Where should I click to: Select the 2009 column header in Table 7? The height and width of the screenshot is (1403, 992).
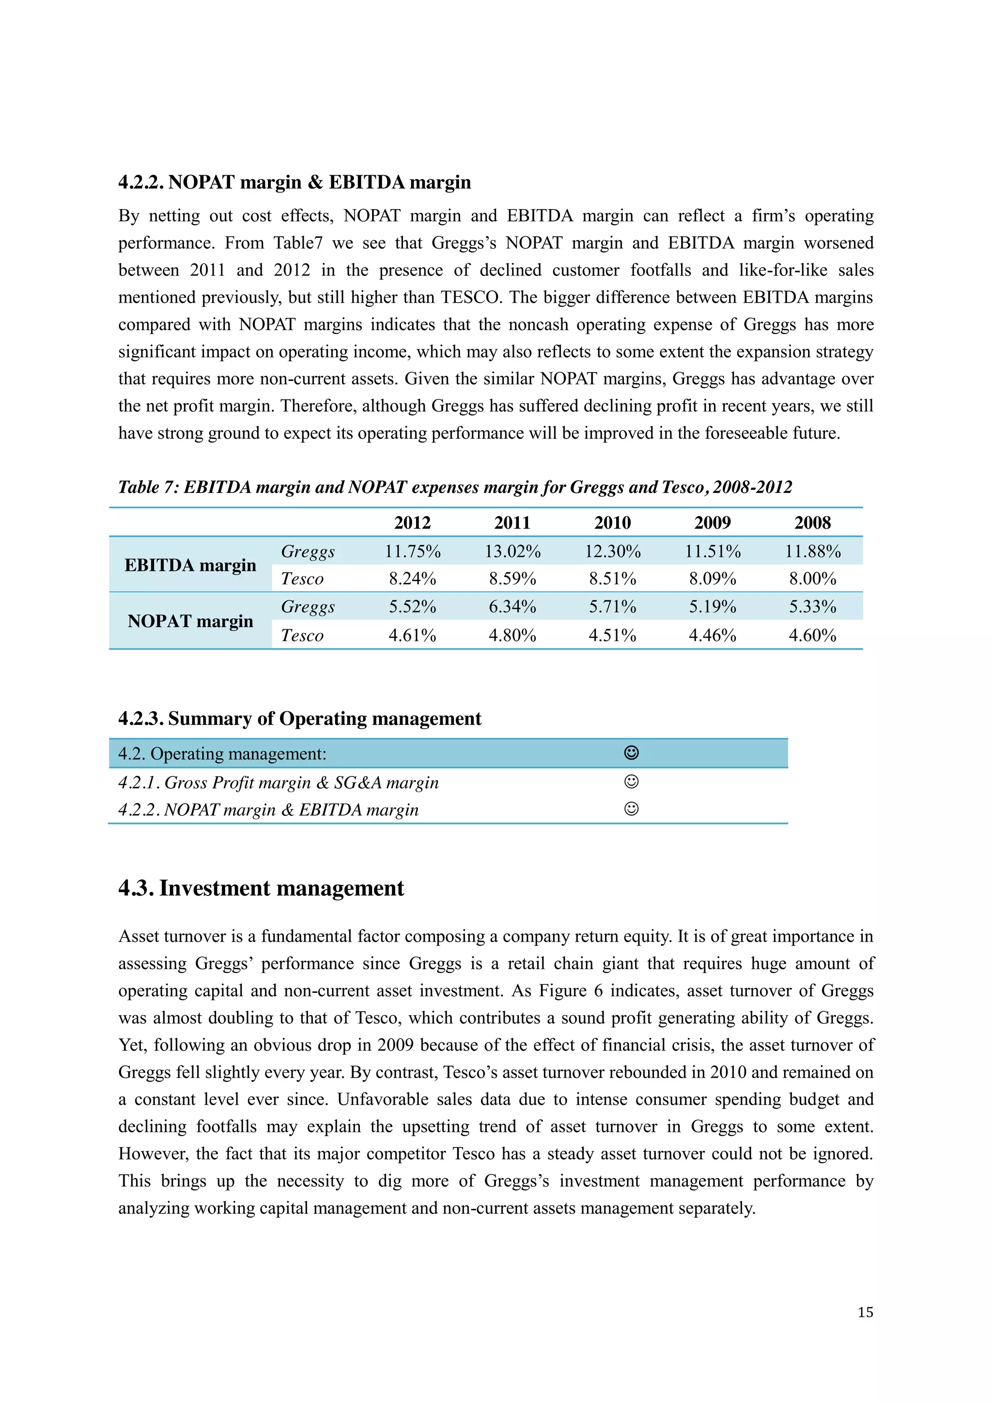712,522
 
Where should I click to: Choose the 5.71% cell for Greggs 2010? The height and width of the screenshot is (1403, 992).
612,606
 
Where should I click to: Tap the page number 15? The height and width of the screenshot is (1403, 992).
865,1312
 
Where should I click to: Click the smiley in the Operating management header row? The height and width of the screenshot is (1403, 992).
632,753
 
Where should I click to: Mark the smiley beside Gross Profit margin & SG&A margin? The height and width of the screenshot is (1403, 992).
632,781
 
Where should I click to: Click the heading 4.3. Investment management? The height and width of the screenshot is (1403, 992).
261,888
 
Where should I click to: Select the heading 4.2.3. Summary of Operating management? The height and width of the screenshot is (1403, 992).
299,718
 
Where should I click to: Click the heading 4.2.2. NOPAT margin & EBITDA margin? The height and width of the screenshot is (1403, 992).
294,182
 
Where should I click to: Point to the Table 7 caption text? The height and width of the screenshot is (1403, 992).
455,487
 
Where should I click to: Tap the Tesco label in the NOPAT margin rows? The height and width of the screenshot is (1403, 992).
302,636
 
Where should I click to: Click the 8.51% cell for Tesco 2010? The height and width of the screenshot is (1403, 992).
612,578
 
